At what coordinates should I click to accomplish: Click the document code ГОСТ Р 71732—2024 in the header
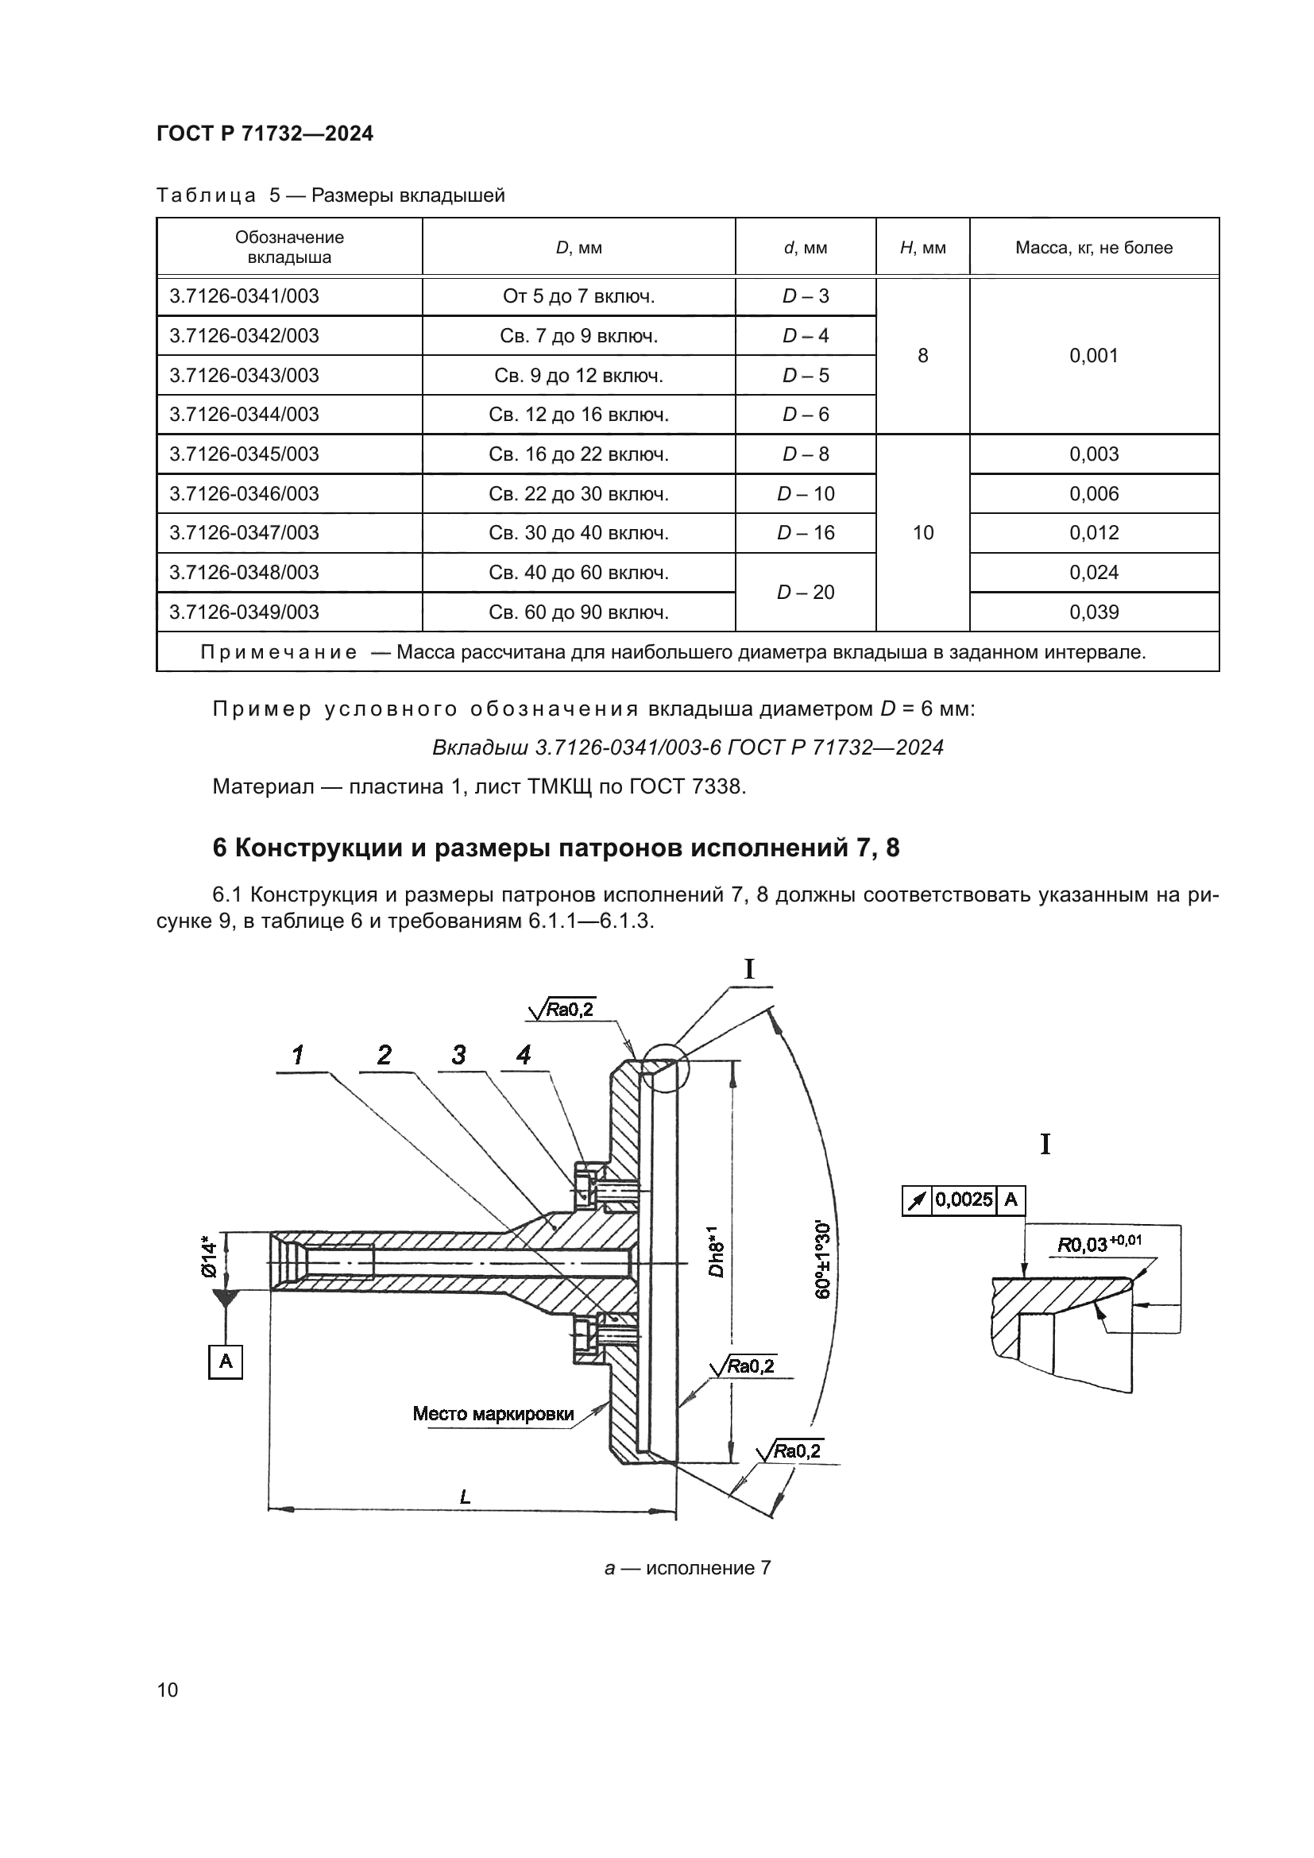click(x=265, y=134)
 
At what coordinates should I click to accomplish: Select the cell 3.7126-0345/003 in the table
click(x=244, y=454)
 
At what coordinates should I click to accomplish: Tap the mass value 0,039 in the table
click(x=1094, y=612)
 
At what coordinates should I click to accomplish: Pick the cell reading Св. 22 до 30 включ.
click(x=578, y=493)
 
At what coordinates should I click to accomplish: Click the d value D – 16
click(x=805, y=532)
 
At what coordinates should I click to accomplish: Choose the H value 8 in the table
click(x=922, y=355)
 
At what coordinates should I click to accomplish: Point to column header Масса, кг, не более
click(x=1093, y=248)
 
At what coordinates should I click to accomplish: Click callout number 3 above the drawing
click(x=458, y=1054)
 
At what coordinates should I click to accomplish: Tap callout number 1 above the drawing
click(x=298, y=1054)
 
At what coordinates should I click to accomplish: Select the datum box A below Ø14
click(x=226, y=1362)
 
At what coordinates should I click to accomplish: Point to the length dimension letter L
click(x=466, y=1497)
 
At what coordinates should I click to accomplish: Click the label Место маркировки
click(x=493, y=1414)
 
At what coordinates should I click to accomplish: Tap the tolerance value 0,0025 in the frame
click(x=964, y=1199)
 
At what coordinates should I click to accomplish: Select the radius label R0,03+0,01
click(x=1100, y=1244)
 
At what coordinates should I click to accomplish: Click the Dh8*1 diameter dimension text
click(x=715, y=1252)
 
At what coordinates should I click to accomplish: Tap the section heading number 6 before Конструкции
click(x=219, y=848)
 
